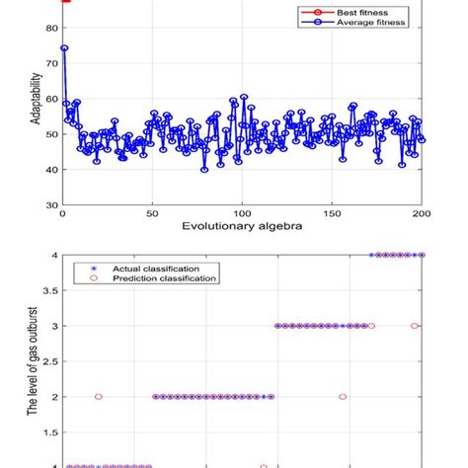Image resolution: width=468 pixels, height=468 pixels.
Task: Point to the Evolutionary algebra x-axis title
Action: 242,227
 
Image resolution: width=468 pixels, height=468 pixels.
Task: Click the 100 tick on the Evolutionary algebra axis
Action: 242,213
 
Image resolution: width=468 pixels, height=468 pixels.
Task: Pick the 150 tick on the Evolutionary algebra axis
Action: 332,213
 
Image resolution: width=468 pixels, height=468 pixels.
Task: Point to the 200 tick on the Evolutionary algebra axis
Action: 422,213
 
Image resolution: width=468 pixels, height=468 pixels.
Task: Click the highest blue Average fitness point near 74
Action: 64,47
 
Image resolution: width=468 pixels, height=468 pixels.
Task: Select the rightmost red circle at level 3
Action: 415,326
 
